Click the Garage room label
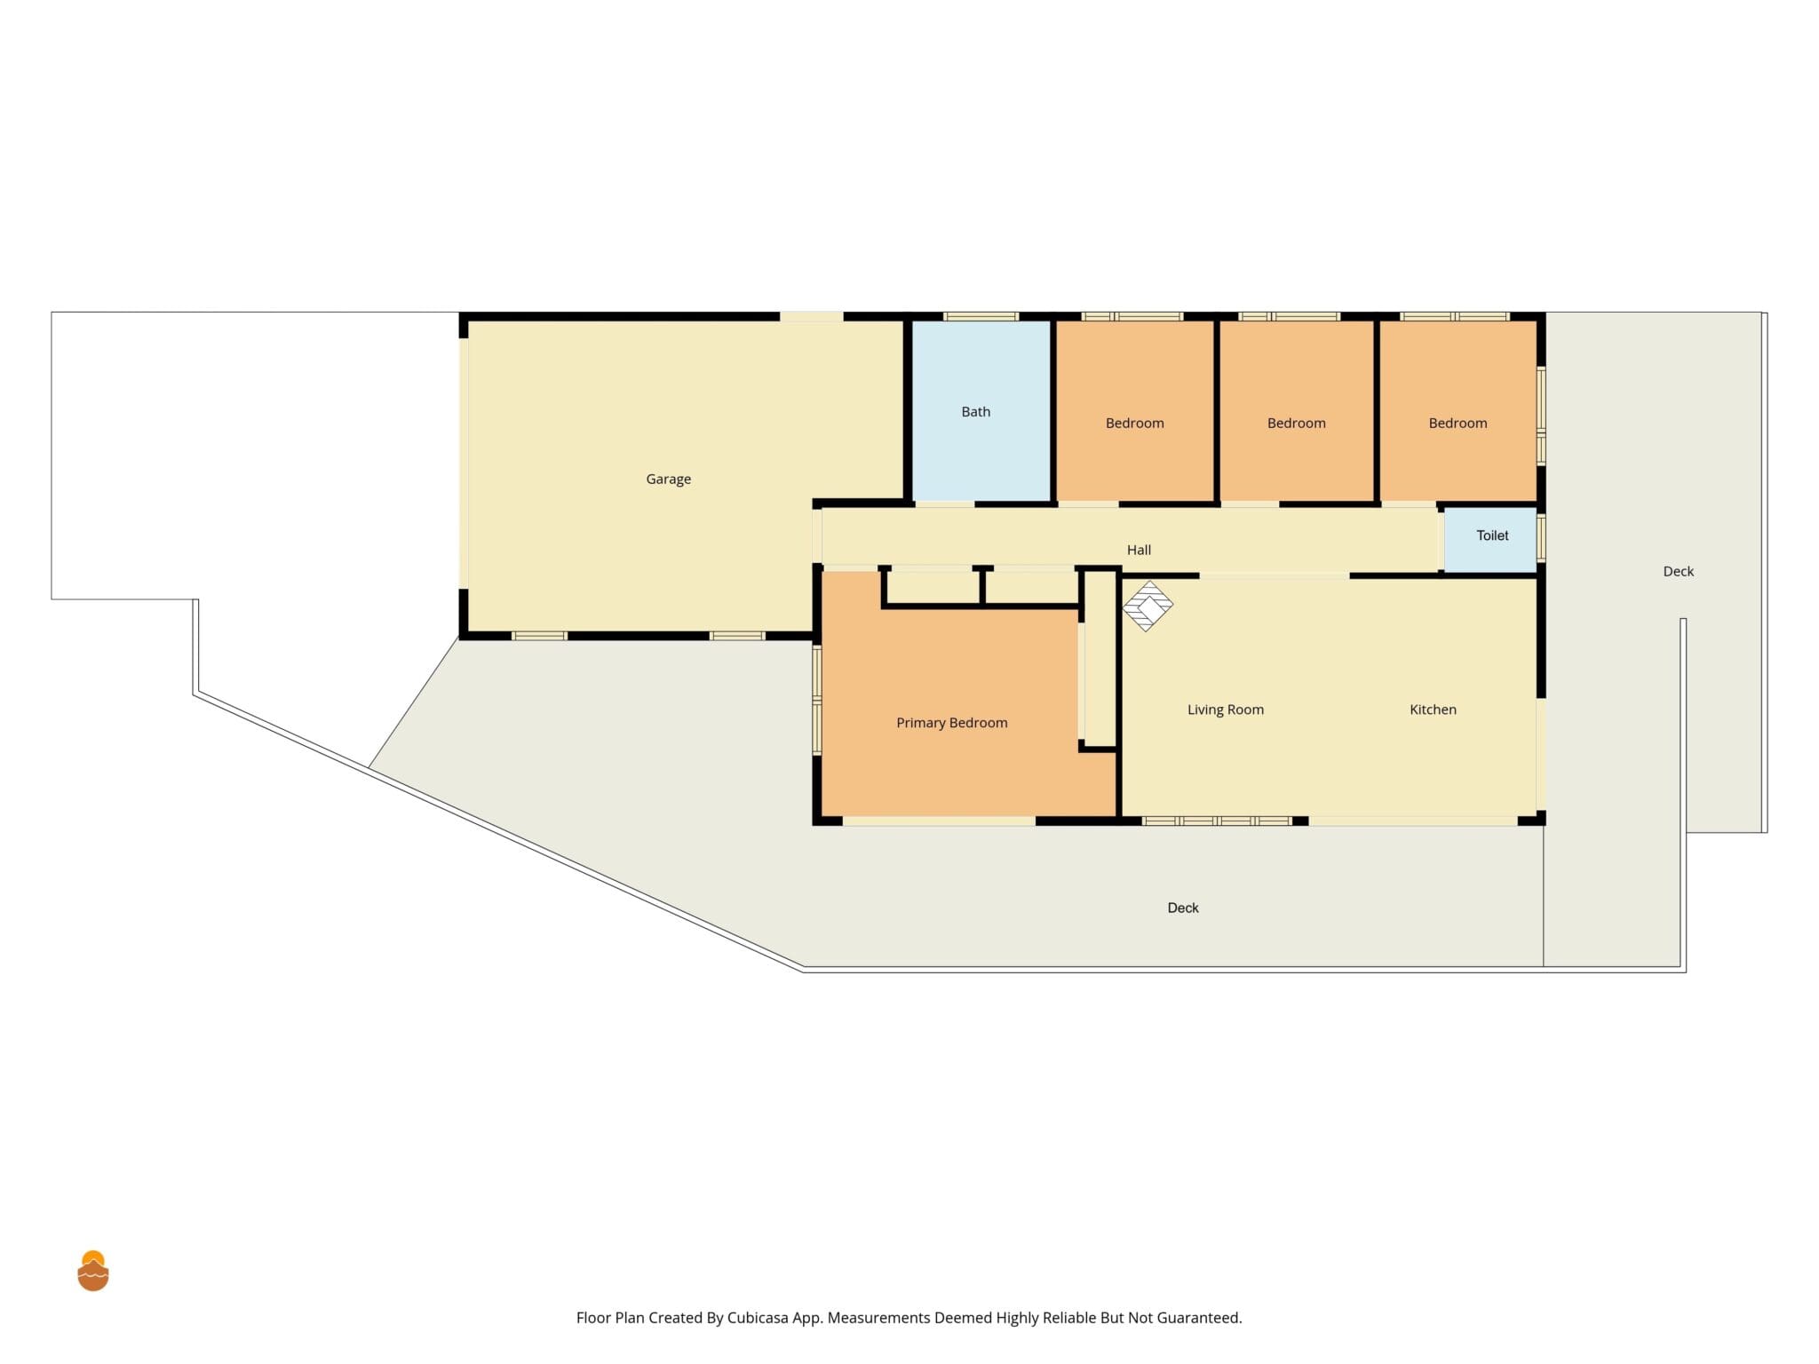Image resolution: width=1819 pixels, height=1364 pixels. [668, 480]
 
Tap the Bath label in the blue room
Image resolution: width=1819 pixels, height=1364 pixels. [975, 412]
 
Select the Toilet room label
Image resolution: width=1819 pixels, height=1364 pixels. [1492, 535]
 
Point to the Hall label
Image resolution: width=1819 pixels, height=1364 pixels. [1139, 551]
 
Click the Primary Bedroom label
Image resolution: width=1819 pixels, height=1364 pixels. [951, 723]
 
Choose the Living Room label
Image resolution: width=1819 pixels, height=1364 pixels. [1225, 710]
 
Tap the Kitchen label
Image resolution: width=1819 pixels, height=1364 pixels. [1433, 710]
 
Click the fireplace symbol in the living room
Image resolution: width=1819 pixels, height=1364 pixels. [1148, 607]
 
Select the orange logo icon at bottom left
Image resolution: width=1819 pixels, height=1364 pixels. [93, 1271]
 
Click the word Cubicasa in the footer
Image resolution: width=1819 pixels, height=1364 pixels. [758, 1318]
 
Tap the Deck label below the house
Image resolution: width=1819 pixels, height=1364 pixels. [1182, 908]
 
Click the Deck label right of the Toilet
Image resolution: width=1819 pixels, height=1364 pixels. [1678, 572]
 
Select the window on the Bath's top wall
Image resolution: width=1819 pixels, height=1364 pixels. [981, 316]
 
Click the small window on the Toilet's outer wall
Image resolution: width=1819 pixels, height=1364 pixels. [1541, 537]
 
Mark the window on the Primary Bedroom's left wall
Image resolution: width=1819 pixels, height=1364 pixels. [817, 701]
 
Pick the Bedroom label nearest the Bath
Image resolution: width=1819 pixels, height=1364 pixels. [1134, 424]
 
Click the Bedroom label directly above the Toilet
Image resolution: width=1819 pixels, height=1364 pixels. [1458, 424]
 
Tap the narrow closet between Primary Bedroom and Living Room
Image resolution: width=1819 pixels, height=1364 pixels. [1100, 658]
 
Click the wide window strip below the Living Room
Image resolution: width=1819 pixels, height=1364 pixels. [1217, 821]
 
